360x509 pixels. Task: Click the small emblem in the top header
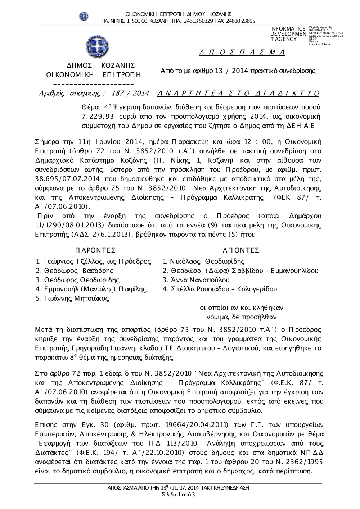[x=84, y=16]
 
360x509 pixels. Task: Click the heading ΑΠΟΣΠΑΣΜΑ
[x=242, y=53]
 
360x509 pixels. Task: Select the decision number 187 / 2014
[x=130, y=93]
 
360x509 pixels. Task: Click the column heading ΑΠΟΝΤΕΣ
[x=241, y=250]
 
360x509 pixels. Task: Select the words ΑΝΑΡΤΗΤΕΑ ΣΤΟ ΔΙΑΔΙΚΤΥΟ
[x=238, y=93]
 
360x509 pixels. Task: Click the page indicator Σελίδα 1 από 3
[x=179, y=495]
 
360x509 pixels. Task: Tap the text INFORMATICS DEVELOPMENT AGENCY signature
[x=288, y=34]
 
